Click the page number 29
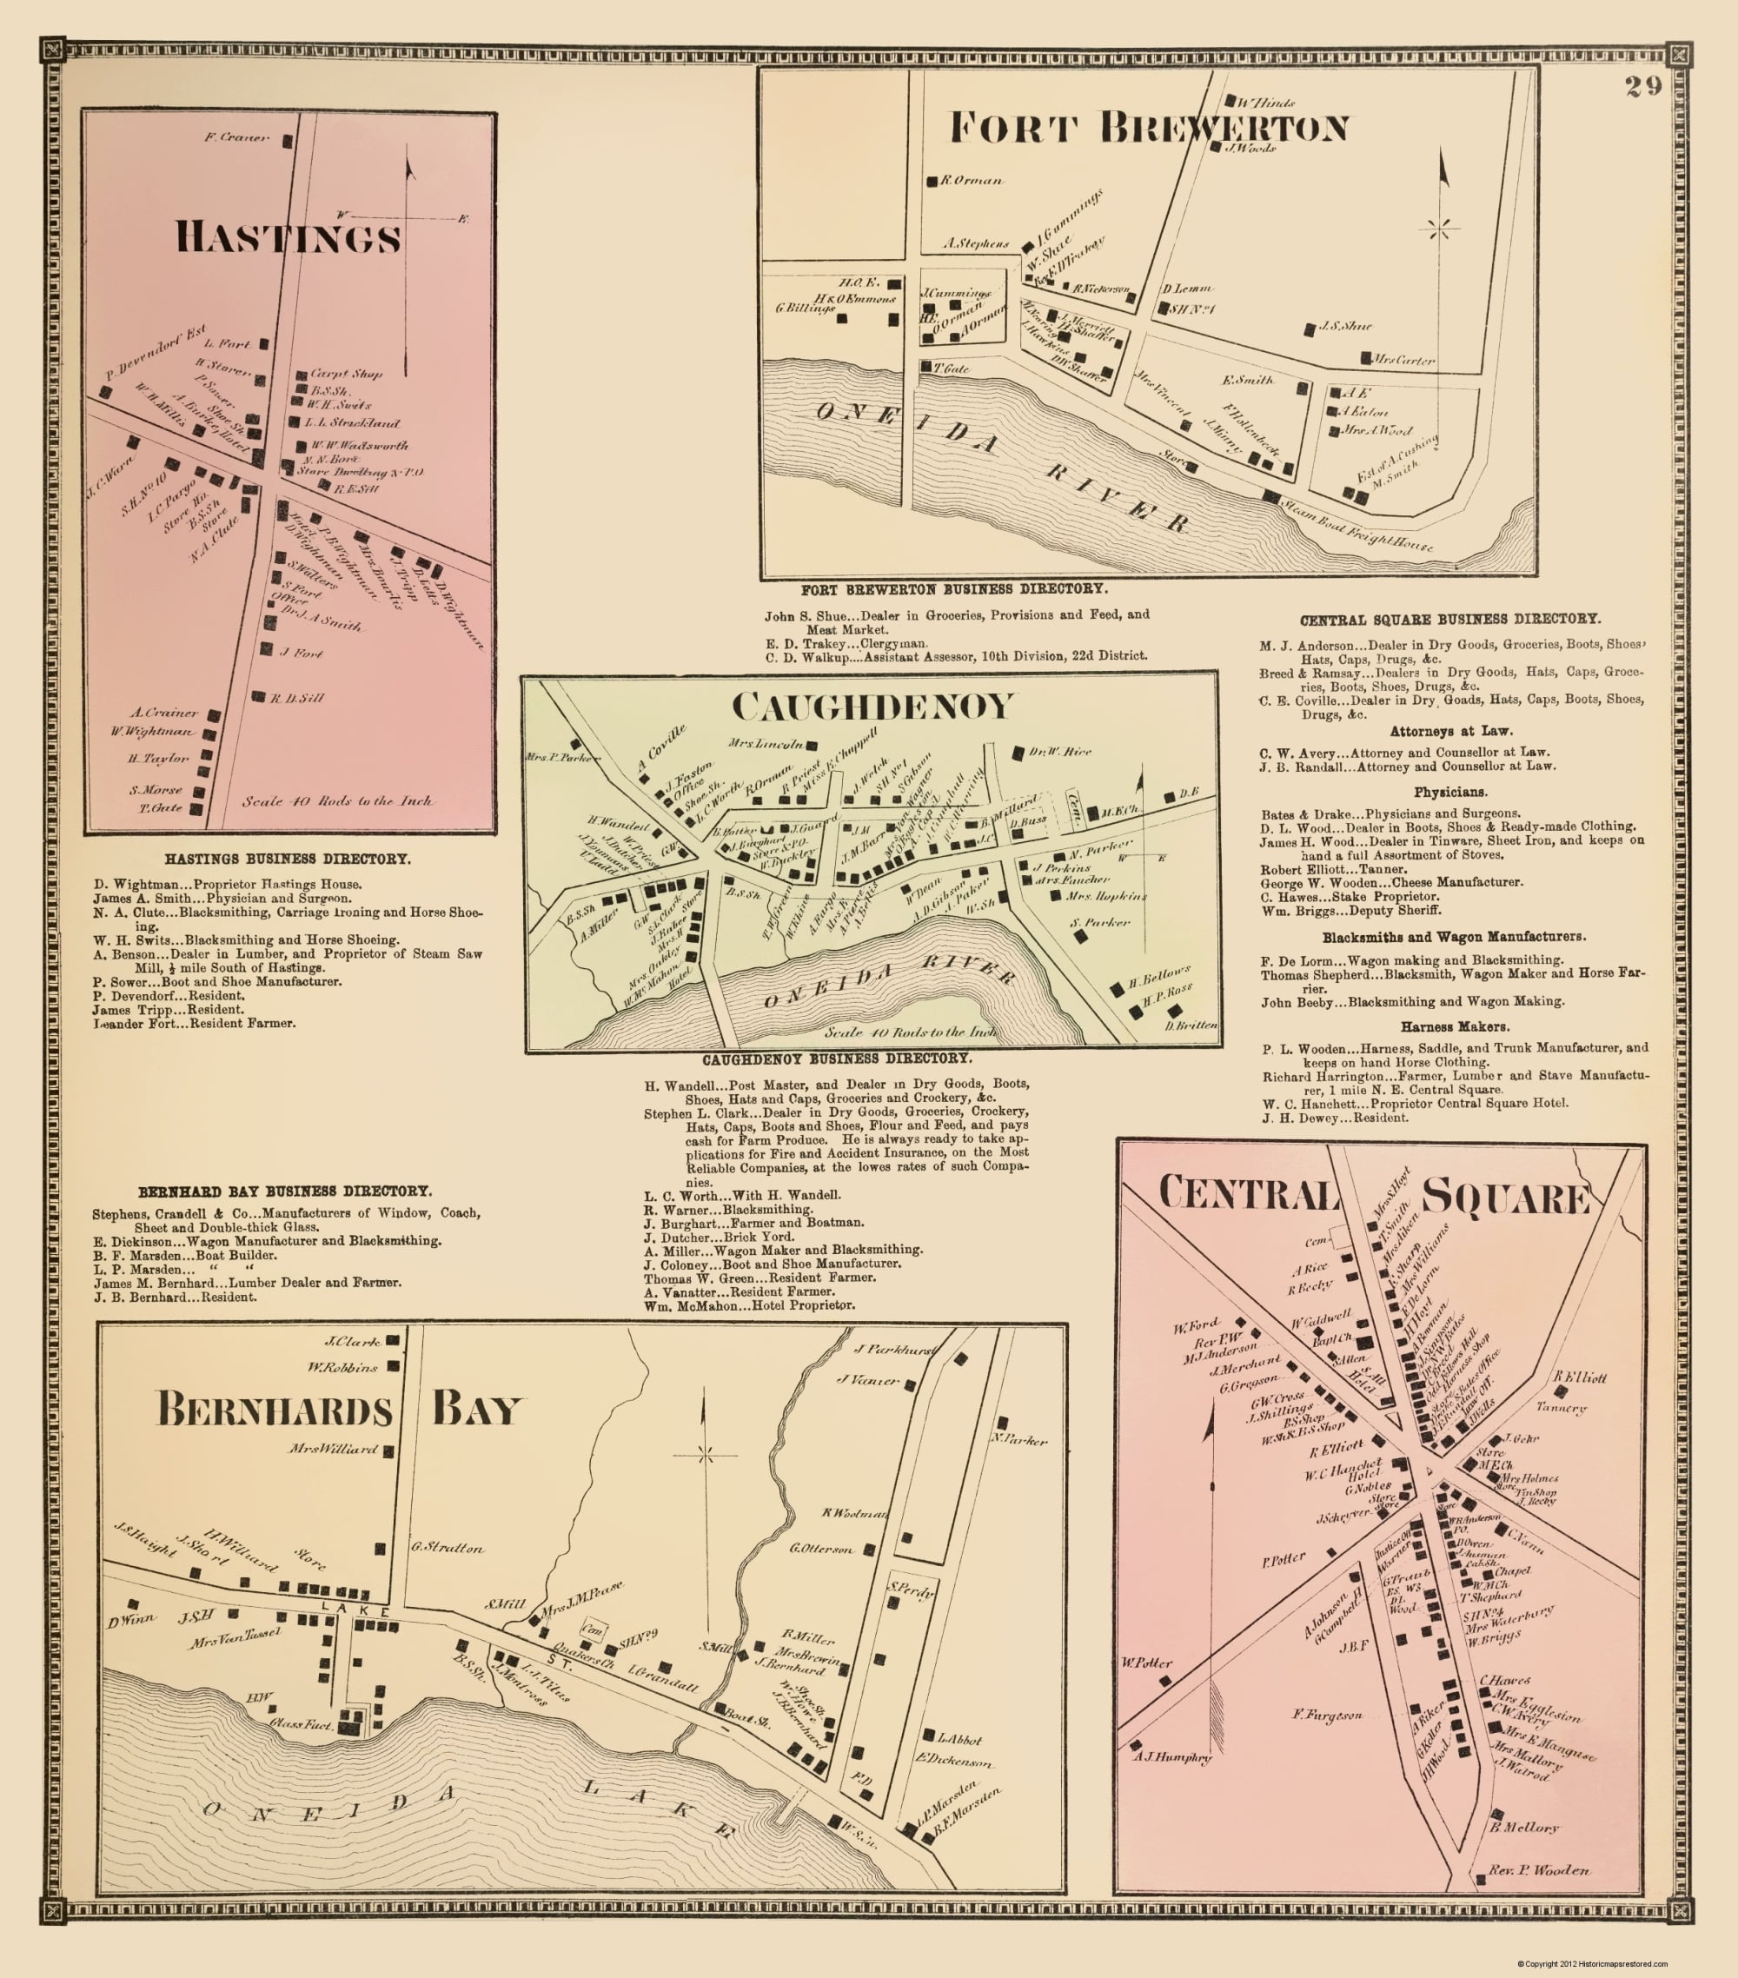coord(1642,87)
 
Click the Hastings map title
coord(288,238)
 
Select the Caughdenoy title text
coord(872,707)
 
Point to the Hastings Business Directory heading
coord(288,859)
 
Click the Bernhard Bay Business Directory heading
coord(284,1191)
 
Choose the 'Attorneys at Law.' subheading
coord(1450,732)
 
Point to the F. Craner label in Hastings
coord(237,138)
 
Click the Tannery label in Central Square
coord(1561,1408)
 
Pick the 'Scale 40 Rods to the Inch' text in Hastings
coord(337,801)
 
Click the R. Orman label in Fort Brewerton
coord(971,180)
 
